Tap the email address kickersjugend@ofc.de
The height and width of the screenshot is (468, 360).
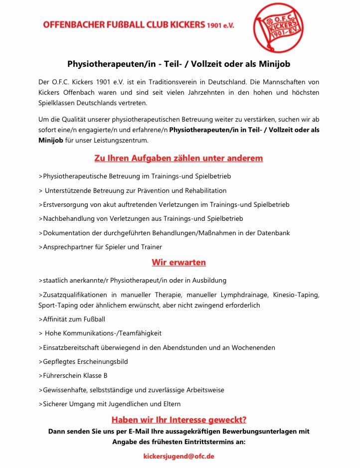click(179, 456)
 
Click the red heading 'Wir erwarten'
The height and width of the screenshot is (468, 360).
click(179, 262)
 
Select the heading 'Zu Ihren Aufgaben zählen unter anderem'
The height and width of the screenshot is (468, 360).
click(179, 158)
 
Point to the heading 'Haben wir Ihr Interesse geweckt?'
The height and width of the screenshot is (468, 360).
click(179, 420)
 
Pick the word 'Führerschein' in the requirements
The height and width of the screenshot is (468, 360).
click(65, 375)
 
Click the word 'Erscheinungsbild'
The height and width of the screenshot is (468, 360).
click(103, 361)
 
